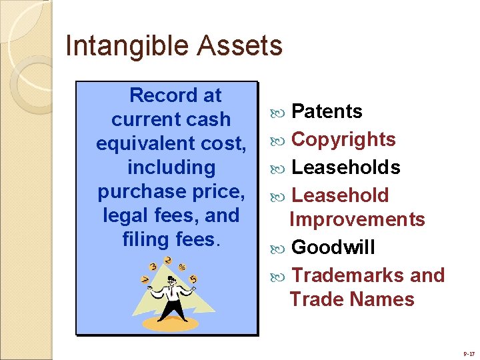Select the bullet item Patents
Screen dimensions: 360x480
(327, 111)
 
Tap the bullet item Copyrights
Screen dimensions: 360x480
(343, 139)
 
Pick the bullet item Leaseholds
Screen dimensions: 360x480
(346, 167)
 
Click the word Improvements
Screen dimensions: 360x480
(357, 219)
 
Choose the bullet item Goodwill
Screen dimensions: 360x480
(333, 247)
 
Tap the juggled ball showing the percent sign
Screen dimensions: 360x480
(182, 267)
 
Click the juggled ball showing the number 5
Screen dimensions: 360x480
(193, 279)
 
